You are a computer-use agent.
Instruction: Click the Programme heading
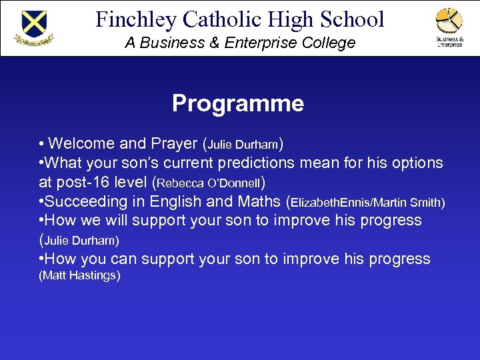pos(238,103)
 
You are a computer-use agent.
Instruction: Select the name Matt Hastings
pos(80,275)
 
